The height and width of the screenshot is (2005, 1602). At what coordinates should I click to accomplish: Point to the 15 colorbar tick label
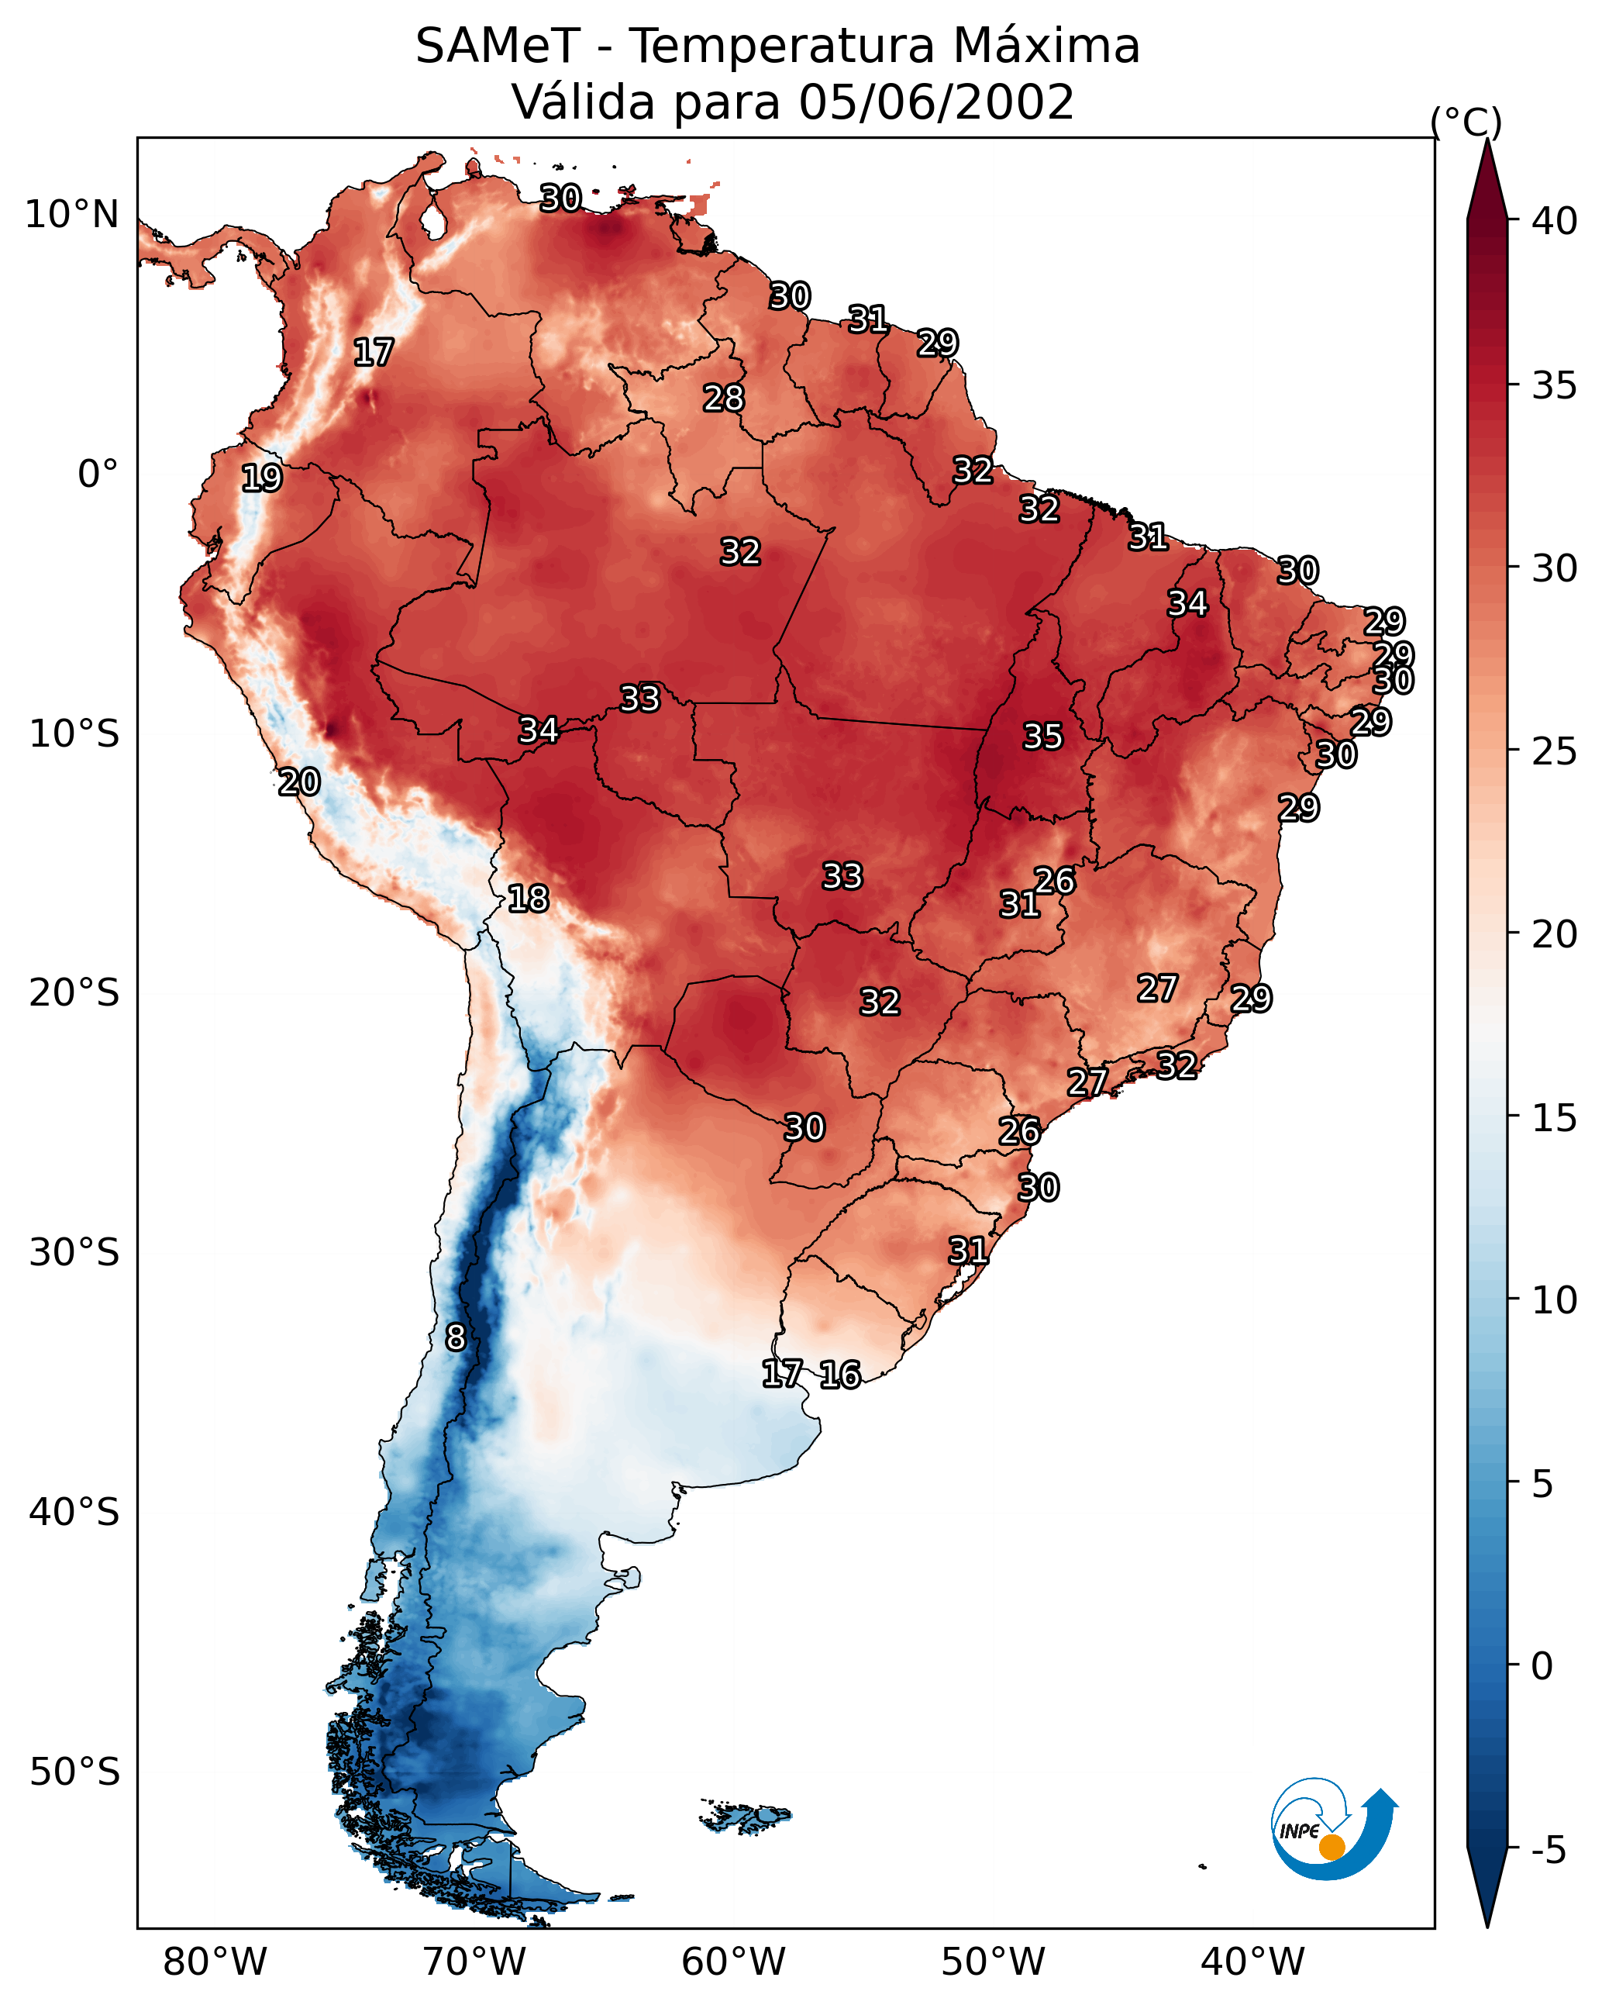pos(1555,1118)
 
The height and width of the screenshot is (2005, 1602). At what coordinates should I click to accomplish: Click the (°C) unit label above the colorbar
pos(1466,122)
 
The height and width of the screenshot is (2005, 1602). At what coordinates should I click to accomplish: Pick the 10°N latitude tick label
pos(71,215)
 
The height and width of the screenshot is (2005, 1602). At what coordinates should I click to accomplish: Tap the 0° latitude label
pos(98,475)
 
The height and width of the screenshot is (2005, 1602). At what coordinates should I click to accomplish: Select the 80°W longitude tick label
pos(215,1962)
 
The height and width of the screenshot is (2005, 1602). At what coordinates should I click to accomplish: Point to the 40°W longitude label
pos(1252,1962)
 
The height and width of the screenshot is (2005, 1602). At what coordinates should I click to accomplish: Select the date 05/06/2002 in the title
pos(935,102)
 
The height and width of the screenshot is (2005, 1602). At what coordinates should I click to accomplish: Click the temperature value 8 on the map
pos(456,1337)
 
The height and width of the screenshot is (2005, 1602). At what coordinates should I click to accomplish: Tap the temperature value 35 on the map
pos(1042,737)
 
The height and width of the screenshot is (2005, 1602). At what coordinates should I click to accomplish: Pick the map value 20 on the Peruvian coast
pos(299,782)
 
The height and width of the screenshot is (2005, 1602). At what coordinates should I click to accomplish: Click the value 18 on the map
pos(528,899)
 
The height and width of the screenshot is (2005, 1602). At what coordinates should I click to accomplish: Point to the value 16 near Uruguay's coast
pos(839,1375)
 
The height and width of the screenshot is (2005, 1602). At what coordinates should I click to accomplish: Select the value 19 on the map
pos(261,478)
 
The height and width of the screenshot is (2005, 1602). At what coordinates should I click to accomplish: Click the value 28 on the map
pos(723,398)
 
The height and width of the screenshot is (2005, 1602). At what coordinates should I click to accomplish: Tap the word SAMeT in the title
pos(498,47)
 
